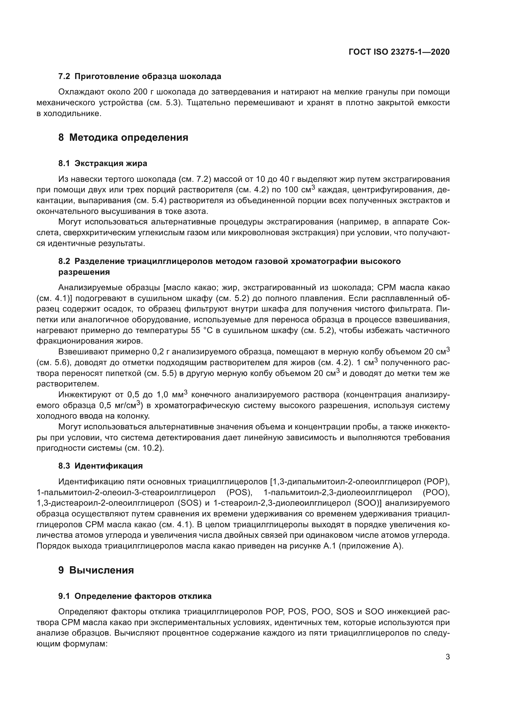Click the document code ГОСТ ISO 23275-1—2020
[x=399, y=52]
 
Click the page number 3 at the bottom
[x=447, y=657]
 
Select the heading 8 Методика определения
[x=123, y=137]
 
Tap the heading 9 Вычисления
[x=96, y=570]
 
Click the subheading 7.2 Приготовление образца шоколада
[x=140, y=77]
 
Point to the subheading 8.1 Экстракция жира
[x=103, y=164]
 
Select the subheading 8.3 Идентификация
[x=100, y=466]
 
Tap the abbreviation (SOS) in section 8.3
[x=189, y=503]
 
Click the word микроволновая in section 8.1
[x=255, y=233]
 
